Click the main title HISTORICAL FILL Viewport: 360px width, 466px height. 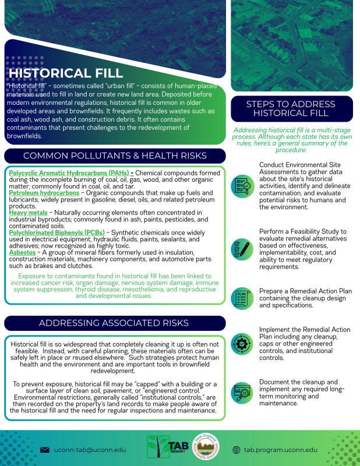tap(66, 73)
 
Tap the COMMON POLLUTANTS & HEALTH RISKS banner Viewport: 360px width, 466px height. tap(114, 156)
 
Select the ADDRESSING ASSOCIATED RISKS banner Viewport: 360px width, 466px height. tap(114, 323)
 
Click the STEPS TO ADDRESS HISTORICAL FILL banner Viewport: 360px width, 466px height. tap(291, 108)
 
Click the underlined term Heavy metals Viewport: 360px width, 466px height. tap(28, 213)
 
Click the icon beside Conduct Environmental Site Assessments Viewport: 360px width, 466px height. tap(242, 186)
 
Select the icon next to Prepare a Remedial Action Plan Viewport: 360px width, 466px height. tap(242, 298)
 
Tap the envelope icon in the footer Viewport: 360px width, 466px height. tap(44, 450)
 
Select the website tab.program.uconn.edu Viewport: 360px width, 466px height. tap(280, 450)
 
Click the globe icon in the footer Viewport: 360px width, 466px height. tap(236, 450)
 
